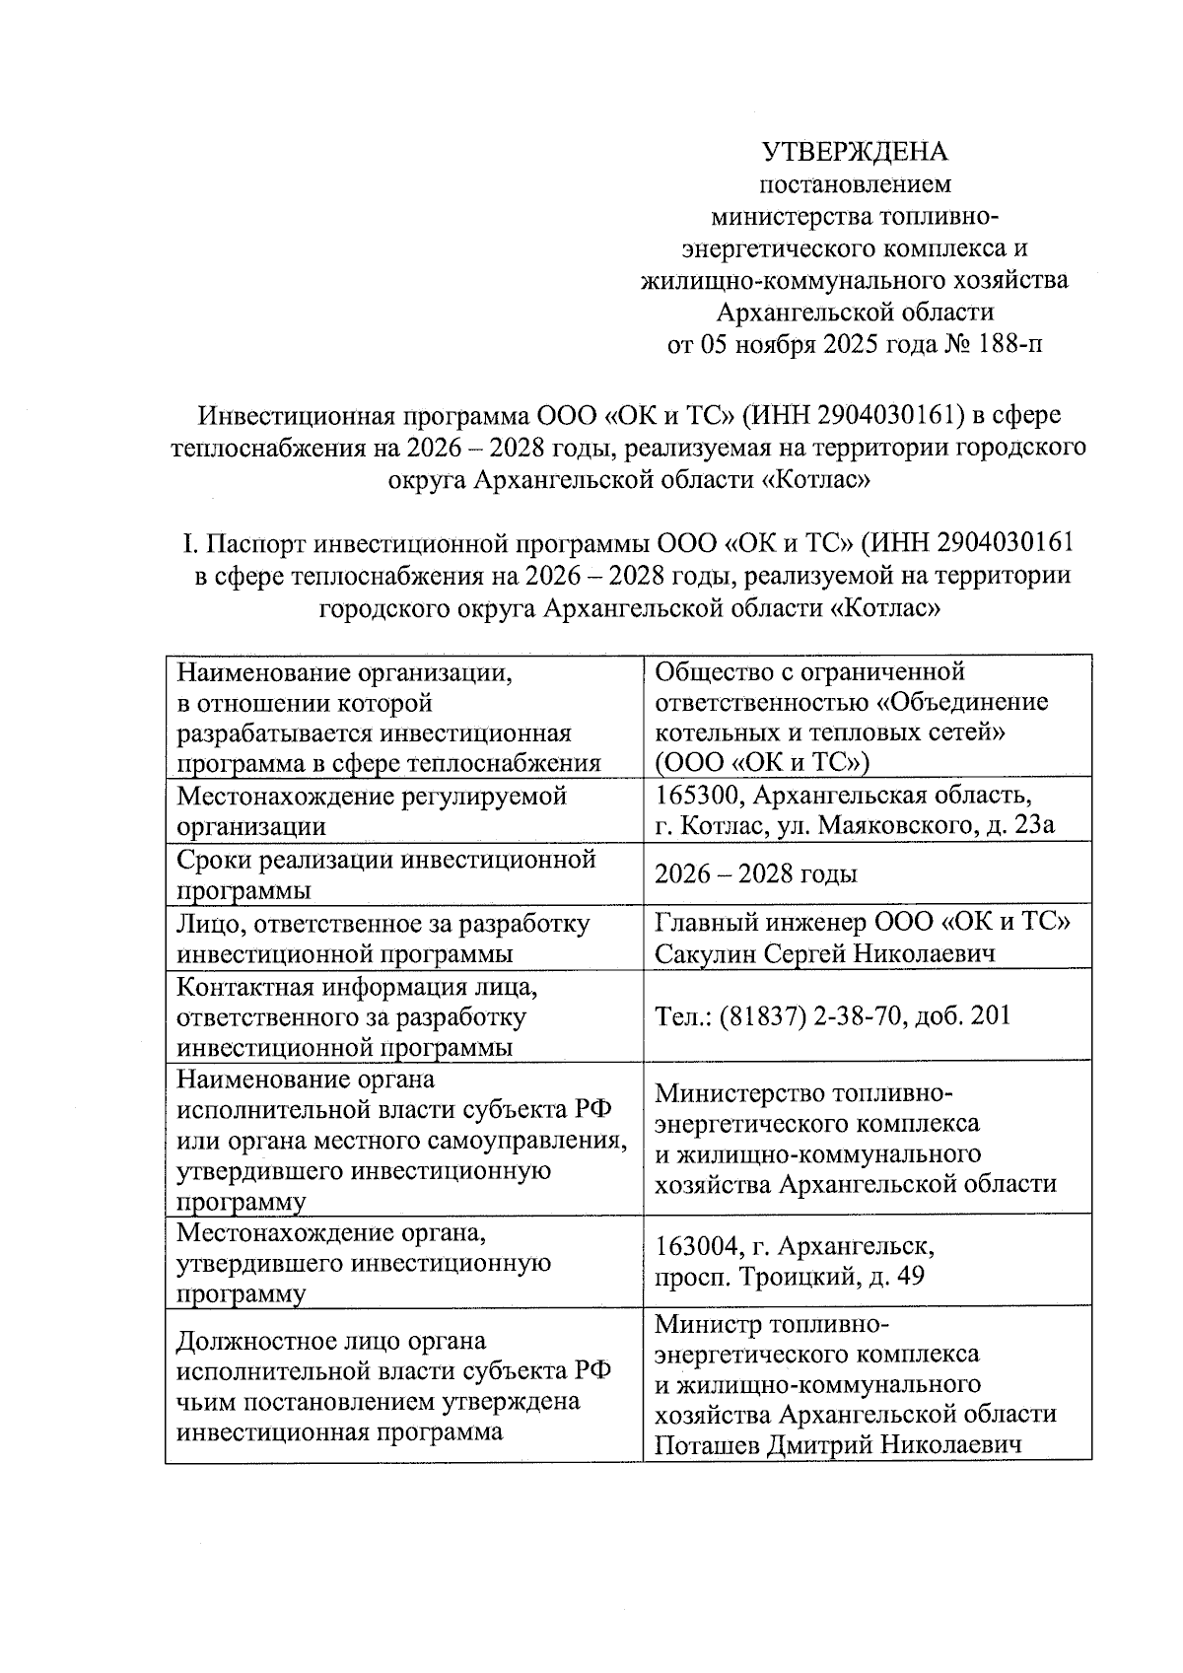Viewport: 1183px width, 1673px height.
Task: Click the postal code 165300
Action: [693, 795]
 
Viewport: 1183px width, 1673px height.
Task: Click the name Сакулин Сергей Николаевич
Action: [824, 953]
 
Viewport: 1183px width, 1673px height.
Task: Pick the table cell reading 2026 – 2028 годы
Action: [756, 874]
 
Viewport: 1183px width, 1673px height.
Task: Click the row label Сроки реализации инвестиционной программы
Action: [385, 874]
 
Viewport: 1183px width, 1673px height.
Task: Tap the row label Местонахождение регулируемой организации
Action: [372, 809]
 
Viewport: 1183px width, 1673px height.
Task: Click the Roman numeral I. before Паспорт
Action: [190, 543]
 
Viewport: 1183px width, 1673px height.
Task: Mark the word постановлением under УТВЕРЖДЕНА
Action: [854, 183]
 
